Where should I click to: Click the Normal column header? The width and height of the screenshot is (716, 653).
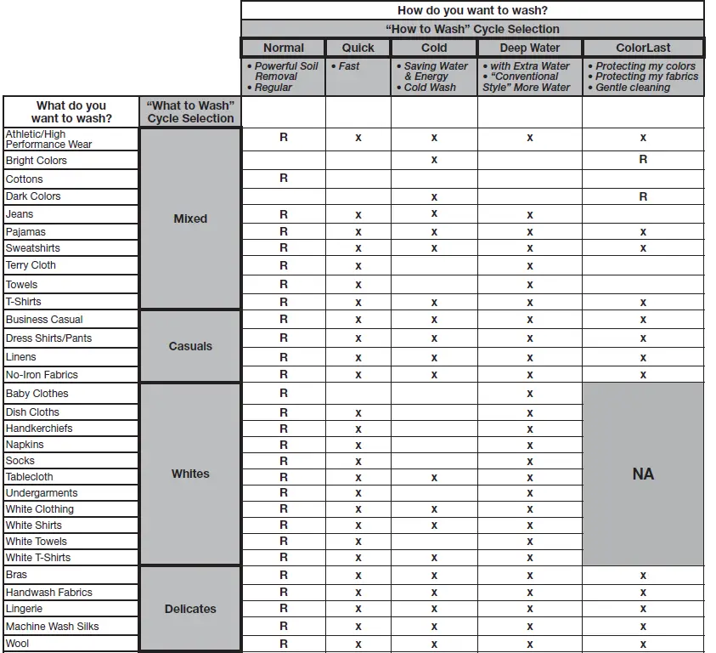pos(283,48)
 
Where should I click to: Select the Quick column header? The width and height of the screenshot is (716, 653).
pos(358,48)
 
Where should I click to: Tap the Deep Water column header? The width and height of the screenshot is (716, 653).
pos(529,48)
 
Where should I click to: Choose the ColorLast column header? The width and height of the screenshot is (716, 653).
pos(643,48)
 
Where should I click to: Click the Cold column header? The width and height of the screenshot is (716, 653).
pos(434,48)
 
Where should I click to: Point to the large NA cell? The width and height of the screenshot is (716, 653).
pos(643,474)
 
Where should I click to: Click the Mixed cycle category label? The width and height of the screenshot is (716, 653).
pos(190,219)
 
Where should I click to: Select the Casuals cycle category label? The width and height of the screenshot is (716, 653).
pos(190,346)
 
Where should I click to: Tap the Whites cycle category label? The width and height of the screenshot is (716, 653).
pos(190,474)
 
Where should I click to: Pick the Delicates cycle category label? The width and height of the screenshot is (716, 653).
pos(190,609)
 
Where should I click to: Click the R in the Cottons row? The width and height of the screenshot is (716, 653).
pos(284,179)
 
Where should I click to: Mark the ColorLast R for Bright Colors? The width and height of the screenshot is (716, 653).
pos(643,160)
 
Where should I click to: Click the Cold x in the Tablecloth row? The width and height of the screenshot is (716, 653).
pos(434,477)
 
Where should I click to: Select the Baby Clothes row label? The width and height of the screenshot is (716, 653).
pos(37,394)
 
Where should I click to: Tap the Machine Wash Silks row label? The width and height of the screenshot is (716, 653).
pos(52,627)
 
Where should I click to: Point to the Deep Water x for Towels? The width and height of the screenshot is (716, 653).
pos(530,285)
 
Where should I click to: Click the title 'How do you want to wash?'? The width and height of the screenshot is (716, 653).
pos(472,11)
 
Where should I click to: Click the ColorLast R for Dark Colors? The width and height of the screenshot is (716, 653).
pos(643,196)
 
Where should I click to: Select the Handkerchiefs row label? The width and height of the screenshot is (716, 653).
pos(39,429)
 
